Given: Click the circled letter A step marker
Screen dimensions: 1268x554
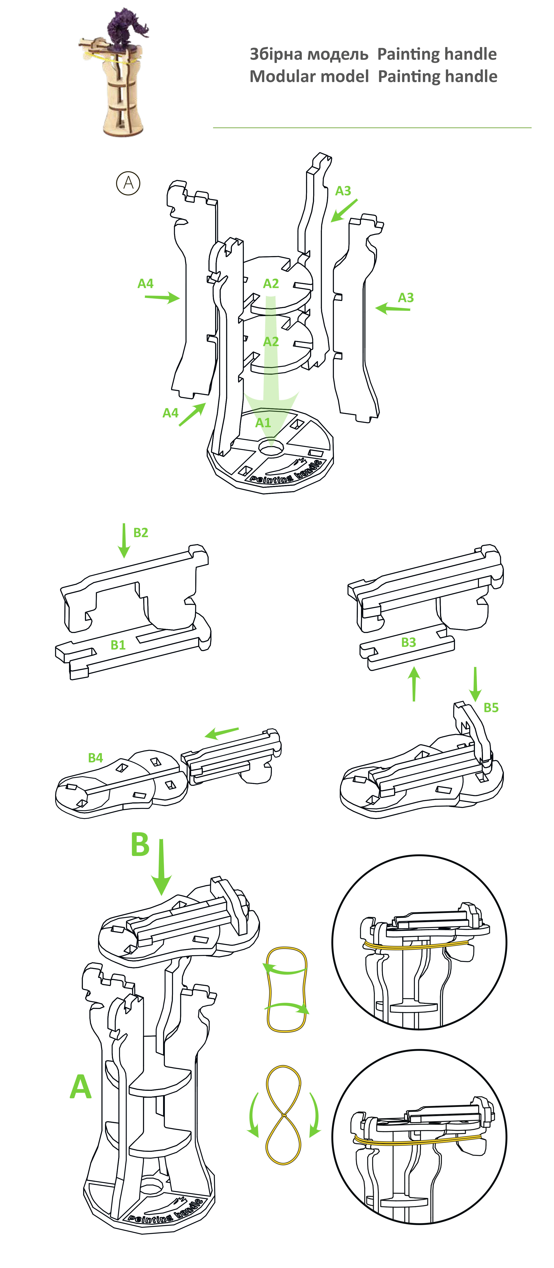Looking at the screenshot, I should pyautogui.click(x=128, y=183).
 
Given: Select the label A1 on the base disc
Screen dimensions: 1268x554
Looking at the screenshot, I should pyautogui.click(x=263, y=422).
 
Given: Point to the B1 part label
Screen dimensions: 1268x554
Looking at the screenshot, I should pyautogui.click(x=118, y=645).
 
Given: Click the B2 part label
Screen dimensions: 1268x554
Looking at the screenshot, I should pyautogui.click(x=141, y=533).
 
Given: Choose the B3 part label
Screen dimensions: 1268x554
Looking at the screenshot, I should pyautogui.click(x=408, y=642).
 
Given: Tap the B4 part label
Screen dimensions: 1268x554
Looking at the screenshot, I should pyautogui.click(x=95, y=757).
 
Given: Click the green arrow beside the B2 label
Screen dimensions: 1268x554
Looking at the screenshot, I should pyautogui.click(x=124, y=540).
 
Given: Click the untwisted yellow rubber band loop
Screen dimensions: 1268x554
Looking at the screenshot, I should pyautogui.click(x=286, y=989).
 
